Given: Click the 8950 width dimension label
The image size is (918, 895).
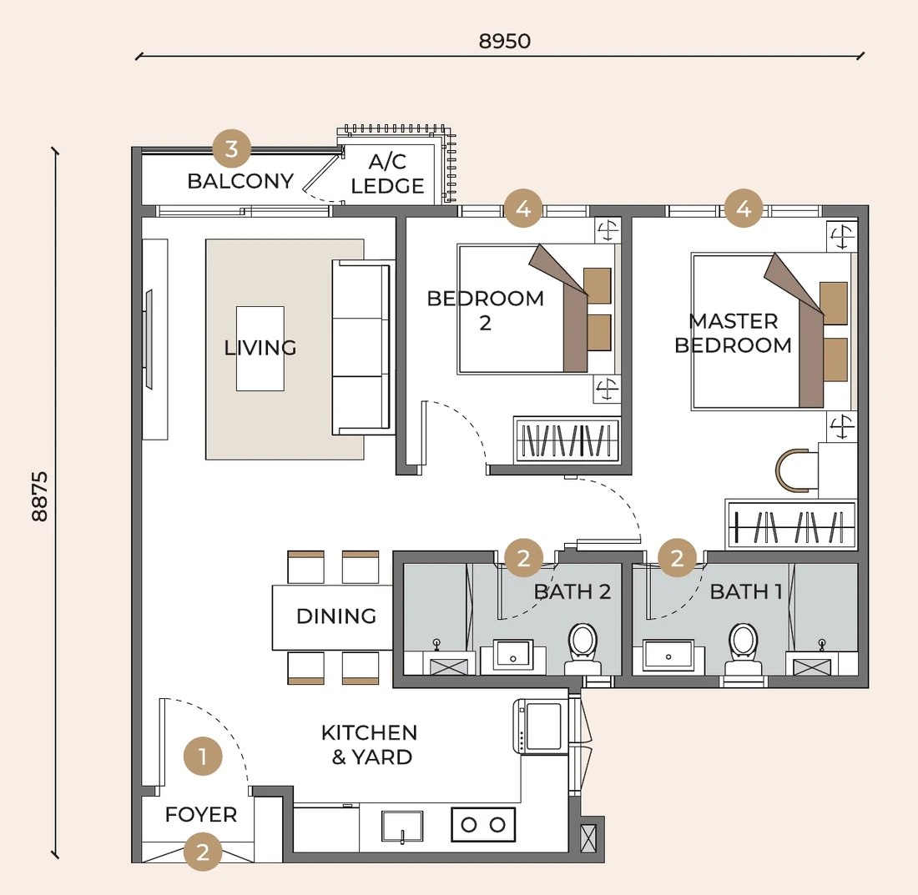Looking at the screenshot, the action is point(505,41).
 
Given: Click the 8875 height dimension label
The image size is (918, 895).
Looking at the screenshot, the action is point(40,496).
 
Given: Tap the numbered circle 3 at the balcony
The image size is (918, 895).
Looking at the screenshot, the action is point(232,148).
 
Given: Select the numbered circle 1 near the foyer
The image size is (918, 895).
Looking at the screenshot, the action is point(203,757).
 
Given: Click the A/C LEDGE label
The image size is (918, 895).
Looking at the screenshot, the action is point(387,173).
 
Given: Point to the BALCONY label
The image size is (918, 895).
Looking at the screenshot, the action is point(240,181).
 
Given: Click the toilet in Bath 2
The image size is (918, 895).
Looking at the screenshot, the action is point(583,648).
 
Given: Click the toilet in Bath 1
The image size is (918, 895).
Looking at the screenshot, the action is point(743,648).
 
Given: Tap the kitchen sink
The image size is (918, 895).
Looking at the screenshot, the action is point(402,827).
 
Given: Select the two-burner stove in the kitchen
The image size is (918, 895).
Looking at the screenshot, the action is point(483,825).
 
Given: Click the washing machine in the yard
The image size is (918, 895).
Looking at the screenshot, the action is point(541,726).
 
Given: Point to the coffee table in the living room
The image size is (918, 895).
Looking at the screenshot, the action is point(260,349).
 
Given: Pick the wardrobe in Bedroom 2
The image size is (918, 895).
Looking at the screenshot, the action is point(567,440).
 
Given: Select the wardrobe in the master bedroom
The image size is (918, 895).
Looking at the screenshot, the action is point(791,525).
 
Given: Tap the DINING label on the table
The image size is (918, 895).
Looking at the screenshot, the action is point(336,616).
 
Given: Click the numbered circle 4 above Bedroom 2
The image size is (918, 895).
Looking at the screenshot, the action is point(523,209).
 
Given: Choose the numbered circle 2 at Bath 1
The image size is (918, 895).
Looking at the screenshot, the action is point(678,558).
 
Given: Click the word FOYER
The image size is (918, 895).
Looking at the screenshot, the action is point(201,814).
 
